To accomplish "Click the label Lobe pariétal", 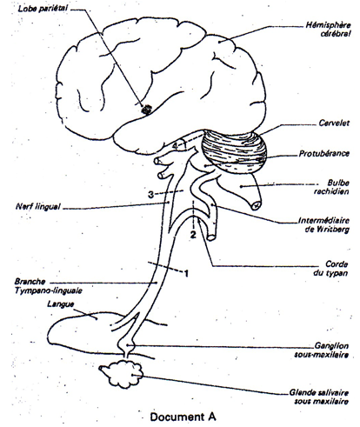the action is [43, 8].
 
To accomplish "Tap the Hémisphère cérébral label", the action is [329, 30].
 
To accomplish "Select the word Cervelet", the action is [334, 123].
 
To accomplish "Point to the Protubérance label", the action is [324, 153].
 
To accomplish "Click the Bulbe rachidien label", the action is [332, 187].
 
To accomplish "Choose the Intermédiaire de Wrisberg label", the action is [324, 225].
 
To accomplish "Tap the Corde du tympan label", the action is [330, 269].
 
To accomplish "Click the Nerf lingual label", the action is [38, 207].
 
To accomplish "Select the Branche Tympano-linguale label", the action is [48, 286].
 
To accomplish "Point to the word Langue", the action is [61, 304].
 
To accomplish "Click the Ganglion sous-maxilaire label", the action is [322, 350].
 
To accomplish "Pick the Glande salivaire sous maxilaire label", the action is [319, 397].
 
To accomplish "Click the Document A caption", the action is [183, 417].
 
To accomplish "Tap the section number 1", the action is [187, 273].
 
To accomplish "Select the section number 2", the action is [193, 235].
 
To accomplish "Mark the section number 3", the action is [150, 195].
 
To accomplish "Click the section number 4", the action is [175, 146].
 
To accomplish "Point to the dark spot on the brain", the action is [146, 110].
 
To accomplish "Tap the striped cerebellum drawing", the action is [234, 151].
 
